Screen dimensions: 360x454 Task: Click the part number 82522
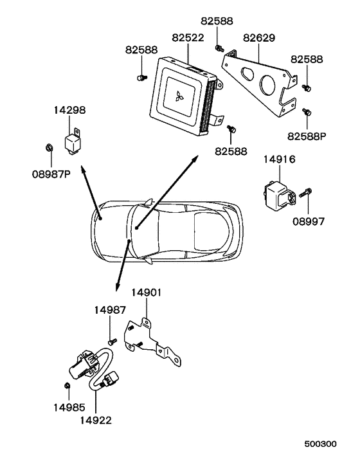click(188, 38)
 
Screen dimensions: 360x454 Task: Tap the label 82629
click(259, 38)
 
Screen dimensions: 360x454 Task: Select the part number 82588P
click(307, 136)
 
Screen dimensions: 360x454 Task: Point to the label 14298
click(69, 110)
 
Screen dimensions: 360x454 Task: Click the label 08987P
click(51, 174)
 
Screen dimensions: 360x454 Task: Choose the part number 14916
click(279, 159)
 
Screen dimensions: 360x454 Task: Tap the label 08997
click(309, 221)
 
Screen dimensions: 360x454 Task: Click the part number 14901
click(146, 293)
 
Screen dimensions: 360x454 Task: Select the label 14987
click(110, 310)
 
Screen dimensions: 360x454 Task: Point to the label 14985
click(69, 408)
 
